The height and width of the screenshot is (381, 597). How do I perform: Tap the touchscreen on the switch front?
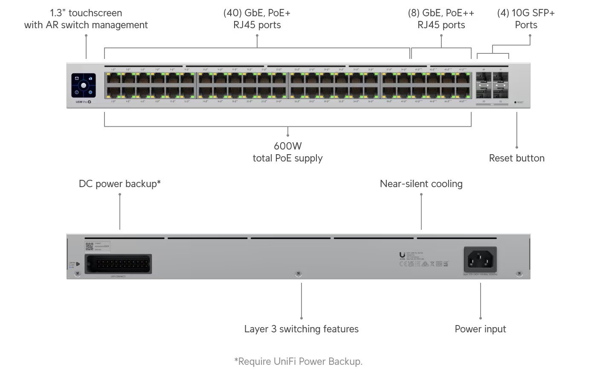click(x=84, y=85)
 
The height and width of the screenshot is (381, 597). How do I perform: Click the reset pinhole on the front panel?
click(x=515, y=103)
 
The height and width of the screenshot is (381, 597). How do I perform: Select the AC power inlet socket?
click(x=480, y=259)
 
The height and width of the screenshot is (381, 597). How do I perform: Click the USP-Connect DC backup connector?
click(x=118, y=264)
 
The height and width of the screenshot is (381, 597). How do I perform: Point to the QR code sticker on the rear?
click(x=89, y=246)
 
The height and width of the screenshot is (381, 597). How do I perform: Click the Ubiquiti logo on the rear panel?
click(x=402, y=255)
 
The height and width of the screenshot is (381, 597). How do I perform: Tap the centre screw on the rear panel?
click(x=298, y=273)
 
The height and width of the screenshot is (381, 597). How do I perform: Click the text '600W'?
click(x=288, y=146)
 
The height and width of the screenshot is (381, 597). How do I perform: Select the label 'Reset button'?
click(x=516, y=158)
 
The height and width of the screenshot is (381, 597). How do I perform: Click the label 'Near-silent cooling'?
click(x=421, y=184)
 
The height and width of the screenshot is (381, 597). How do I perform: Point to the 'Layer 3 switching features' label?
click(x=301, y=329)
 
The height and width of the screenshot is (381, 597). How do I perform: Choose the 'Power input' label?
click(x=480, y=329)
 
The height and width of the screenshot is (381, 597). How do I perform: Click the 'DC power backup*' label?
click(x=120, y=184)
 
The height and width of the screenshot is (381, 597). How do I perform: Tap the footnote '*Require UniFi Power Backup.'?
click(x=298, y=361)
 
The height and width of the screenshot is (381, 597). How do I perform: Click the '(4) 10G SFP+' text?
click(x=526, y=13)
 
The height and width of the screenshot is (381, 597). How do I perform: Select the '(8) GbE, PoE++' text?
click(x=441, y=13)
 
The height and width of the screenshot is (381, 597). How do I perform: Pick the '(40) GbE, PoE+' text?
click(x=257, y=13)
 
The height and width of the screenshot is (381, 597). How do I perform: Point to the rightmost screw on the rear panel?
click(x=519, y=273)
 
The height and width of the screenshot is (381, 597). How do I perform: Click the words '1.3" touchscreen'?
click(x=86, y=13)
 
